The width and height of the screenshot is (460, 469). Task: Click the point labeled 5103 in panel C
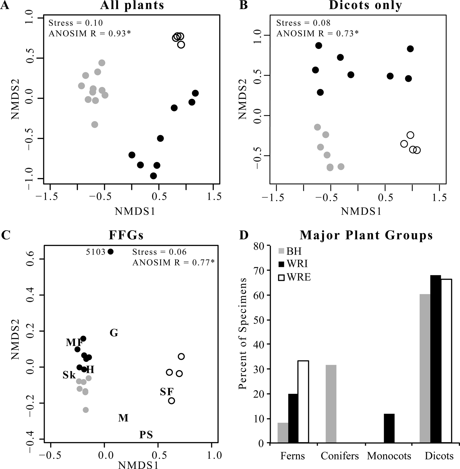[110, 252]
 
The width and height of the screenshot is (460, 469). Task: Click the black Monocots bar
[389, 428]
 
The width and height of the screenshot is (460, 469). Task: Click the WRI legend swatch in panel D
[282, 264]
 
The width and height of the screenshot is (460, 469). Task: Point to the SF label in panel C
[167, 392]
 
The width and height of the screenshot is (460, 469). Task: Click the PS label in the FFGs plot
[146, 435]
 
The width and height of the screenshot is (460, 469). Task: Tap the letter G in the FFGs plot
[114, 333]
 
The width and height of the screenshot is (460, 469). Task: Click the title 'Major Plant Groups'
[366, 235]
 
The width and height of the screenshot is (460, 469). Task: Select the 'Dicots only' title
[365, 6]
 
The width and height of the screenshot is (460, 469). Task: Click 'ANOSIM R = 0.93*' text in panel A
[90, 33]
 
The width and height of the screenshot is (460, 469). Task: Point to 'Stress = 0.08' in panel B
[303, 23]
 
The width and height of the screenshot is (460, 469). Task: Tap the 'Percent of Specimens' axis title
[243, 334]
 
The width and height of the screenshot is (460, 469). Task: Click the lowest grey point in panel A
[95, 124]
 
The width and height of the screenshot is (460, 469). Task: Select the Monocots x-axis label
[389, 456]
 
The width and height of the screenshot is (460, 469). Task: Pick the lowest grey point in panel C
[85, 410]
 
